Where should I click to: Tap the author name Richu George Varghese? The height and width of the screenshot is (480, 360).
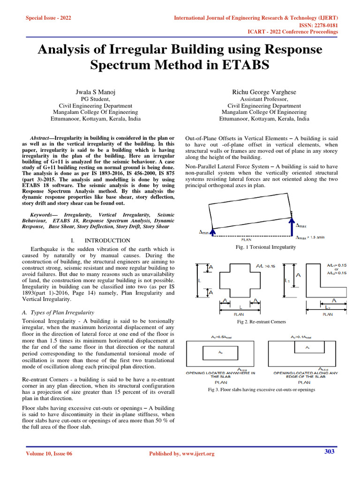click(x=264, y=92)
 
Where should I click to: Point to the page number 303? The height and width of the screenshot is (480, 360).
click(x=330, y=451)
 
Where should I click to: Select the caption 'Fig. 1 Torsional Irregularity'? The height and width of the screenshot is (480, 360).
click(x=265, y=247)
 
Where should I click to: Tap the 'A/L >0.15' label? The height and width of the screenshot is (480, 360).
click(x=266, y=266)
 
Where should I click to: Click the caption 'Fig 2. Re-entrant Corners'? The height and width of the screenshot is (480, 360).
click(x=261, y=322)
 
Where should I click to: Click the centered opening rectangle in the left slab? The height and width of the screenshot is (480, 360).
click(x=217, y=352)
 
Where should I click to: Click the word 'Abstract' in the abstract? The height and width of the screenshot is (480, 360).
click(x=39, y=139)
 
